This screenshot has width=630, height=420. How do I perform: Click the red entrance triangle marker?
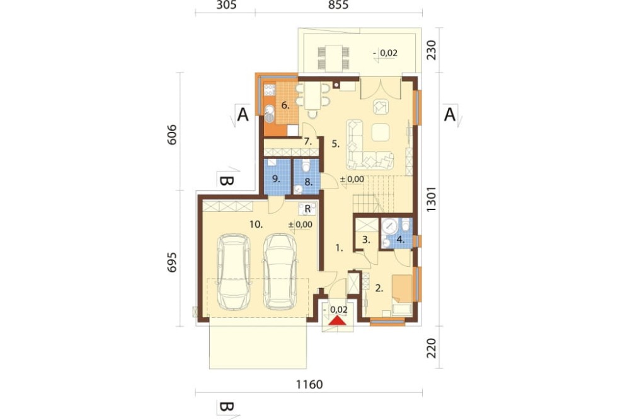337,320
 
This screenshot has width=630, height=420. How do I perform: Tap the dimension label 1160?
309,385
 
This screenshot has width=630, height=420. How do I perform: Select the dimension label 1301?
431,199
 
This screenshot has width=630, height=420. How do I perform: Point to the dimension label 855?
338,5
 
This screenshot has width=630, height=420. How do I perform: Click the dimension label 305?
226,5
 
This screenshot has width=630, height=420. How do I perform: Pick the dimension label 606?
171,135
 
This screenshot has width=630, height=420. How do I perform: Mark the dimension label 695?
171,262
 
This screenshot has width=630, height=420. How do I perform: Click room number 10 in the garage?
256,225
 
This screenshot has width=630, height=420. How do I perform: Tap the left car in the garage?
234,272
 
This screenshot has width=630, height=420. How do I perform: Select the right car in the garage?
280,272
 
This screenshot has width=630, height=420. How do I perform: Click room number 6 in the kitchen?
285,106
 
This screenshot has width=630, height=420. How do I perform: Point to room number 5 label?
336,144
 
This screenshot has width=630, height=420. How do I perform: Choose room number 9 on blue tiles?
276,178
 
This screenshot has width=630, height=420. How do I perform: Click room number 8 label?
308,182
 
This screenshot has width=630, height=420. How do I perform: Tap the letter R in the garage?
308,209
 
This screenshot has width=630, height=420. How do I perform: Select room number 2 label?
379,288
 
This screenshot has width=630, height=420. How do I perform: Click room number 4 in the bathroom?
400,240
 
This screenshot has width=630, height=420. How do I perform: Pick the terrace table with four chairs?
333,58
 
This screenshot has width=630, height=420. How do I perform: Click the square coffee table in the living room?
381,132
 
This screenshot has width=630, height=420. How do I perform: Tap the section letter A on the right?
450,114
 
